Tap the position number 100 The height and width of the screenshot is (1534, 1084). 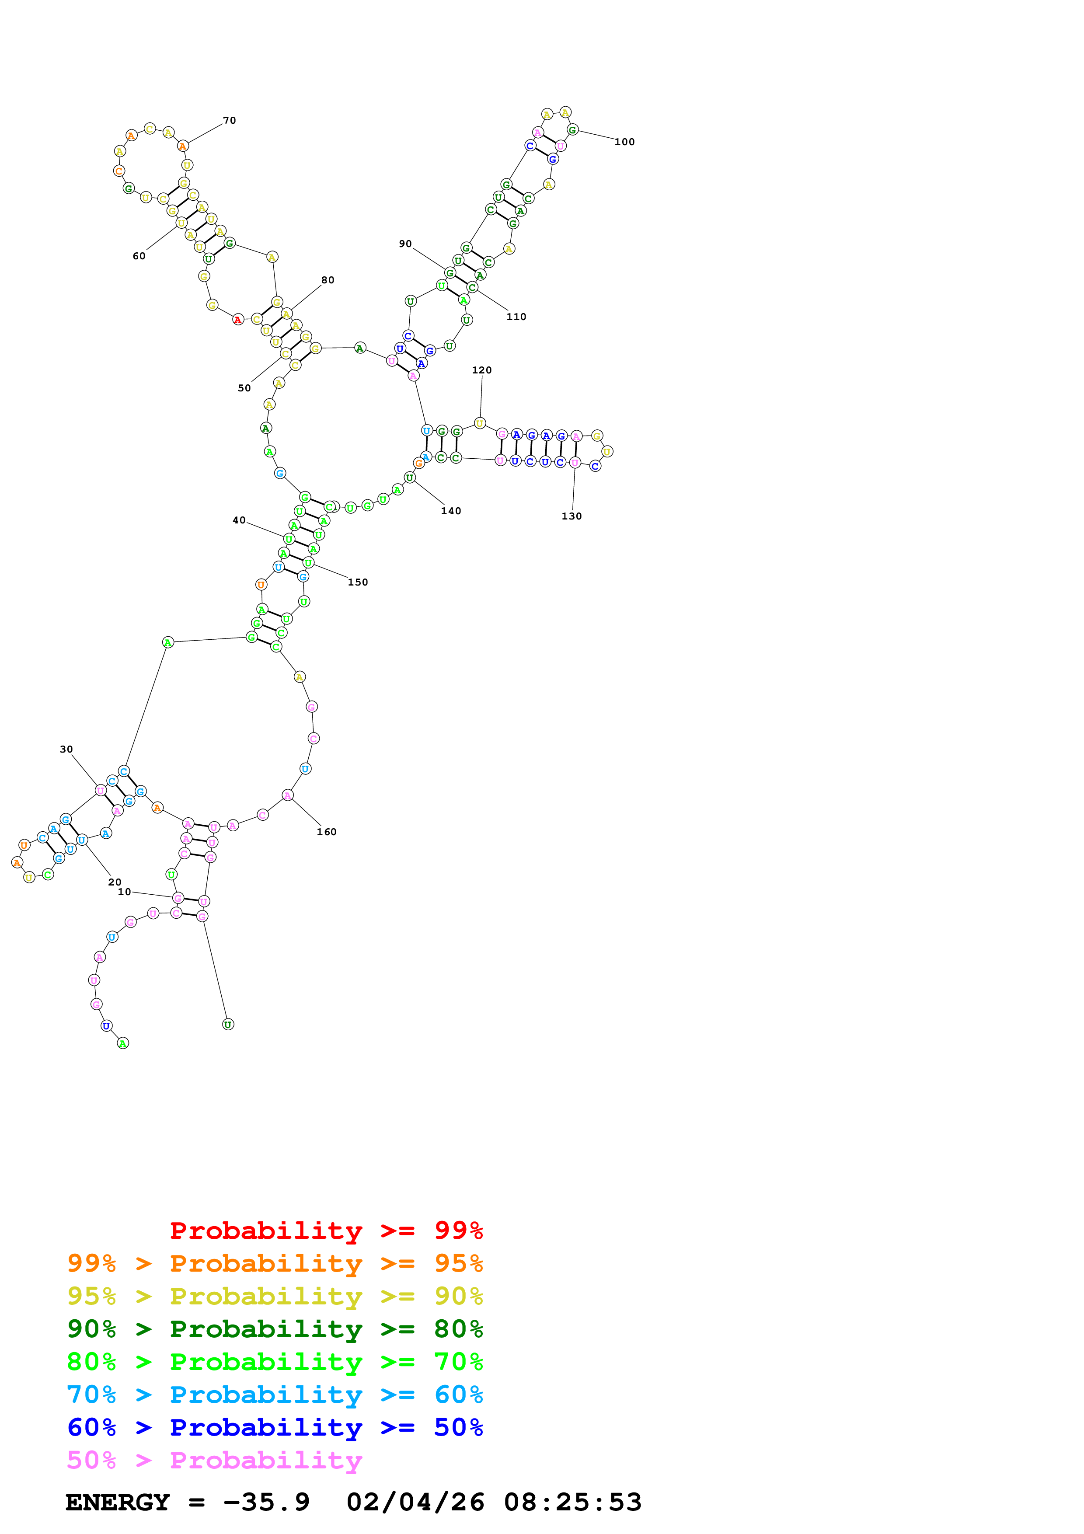click(x=624, y=142)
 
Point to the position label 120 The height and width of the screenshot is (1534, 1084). click(x=481, y=370)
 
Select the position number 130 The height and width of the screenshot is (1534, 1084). click(x=572, y=516)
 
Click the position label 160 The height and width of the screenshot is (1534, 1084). click(x=327, y=832)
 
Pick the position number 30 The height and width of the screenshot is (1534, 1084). click(x=66, y=750)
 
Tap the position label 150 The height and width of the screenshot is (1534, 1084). click(x=358, y=582)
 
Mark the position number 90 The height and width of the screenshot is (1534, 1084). click(x=405, y=244)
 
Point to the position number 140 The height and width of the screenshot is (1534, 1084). click(x=451, y=511)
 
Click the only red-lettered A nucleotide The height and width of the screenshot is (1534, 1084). click(x=238, y=320)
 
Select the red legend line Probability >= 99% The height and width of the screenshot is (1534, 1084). click(x=326, y=1231)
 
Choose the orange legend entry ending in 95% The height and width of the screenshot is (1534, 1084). click(x=275, y=1263)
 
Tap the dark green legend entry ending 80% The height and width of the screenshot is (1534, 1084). click(x=275, y=1329)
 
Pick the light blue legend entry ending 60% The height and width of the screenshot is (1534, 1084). click(x=275, y=1395)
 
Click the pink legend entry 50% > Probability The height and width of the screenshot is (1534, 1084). click(x=214, y=1460)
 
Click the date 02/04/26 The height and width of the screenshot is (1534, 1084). click(x=415, y=1502)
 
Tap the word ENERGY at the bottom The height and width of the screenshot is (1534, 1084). click(x=118, y=1502)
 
